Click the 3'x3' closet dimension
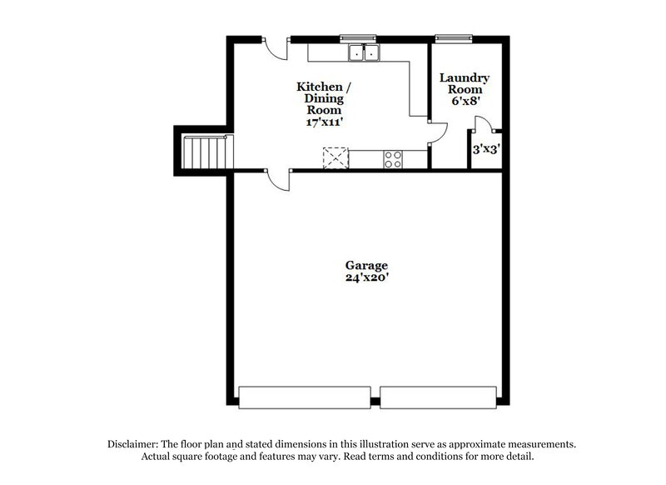[485, 151]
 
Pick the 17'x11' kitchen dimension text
[325, 121]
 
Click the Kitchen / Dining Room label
[325, 97]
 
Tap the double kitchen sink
[364, 53]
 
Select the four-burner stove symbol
[393, 158]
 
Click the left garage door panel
[305, 397]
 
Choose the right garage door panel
[438, 397]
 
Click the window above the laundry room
[455, 37]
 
